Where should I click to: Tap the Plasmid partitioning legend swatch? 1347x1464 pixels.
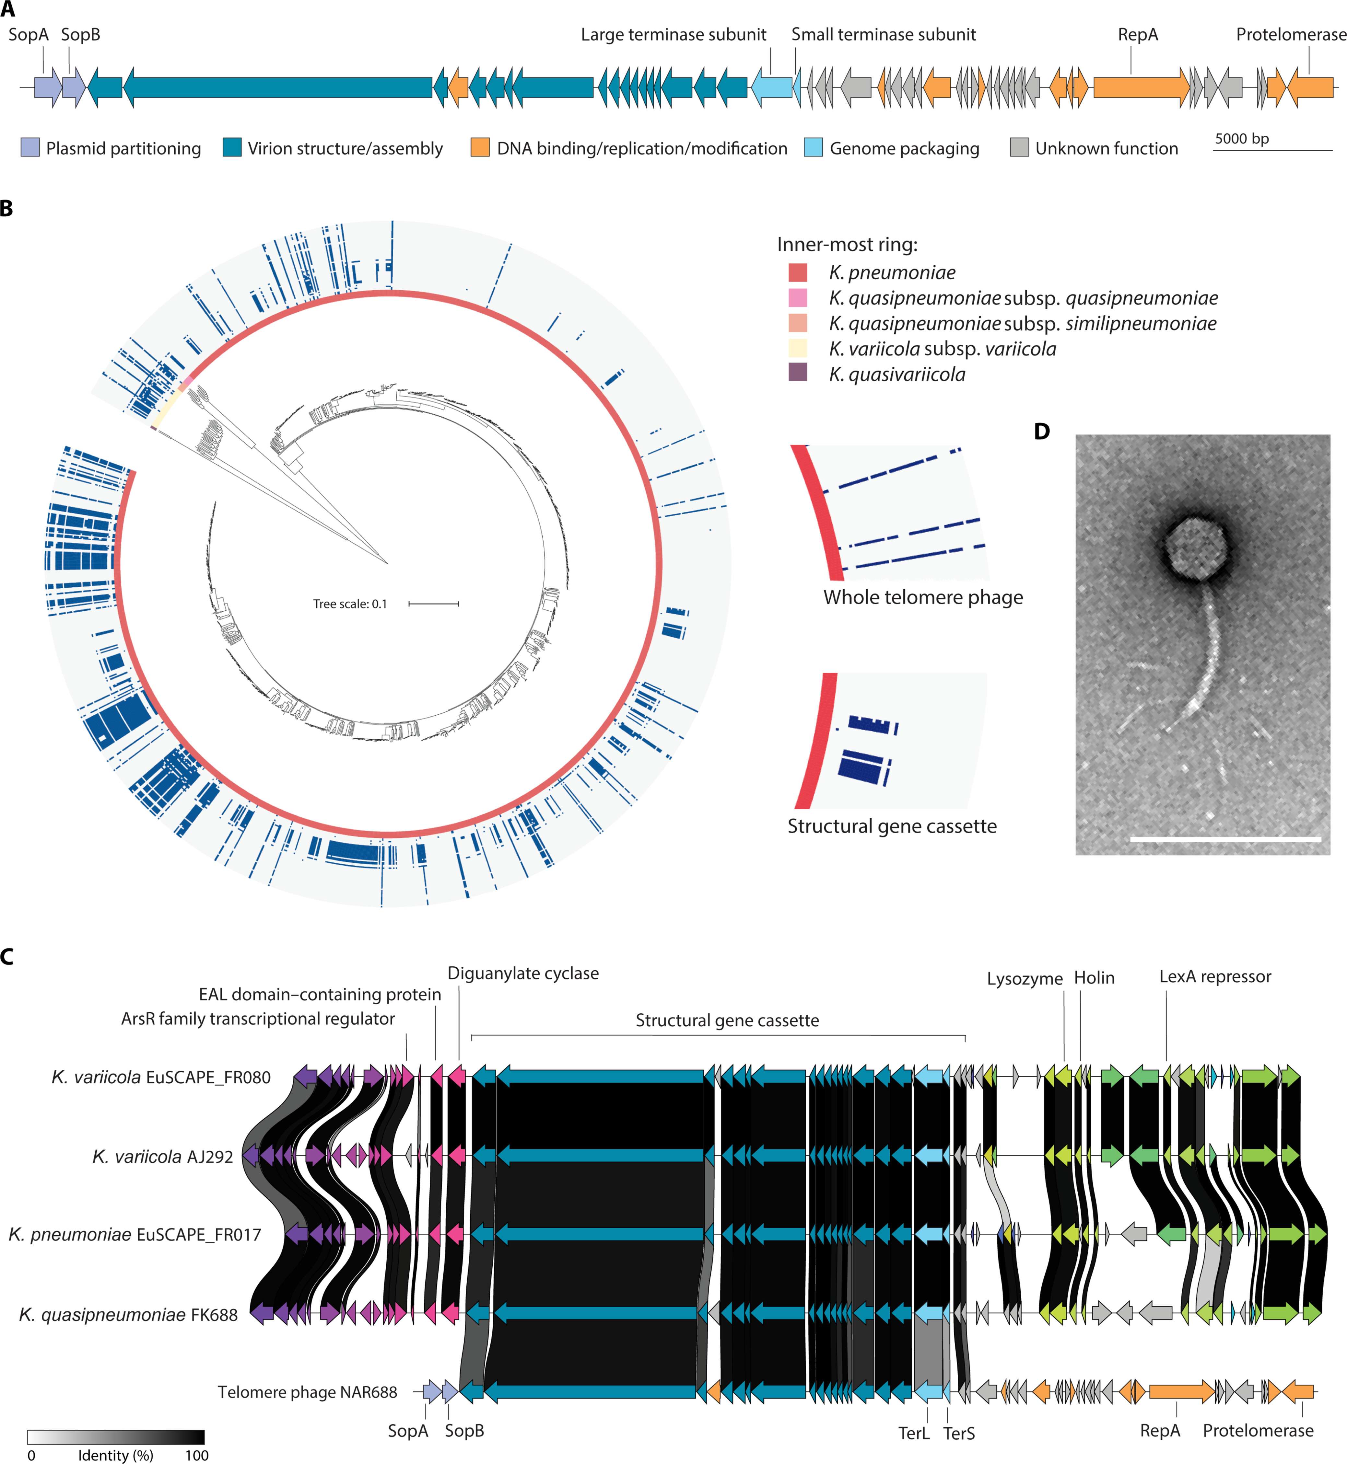coord(30,148)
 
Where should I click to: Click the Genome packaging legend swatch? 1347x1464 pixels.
coord(814,148)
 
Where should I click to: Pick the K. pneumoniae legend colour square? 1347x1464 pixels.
coord(797,272)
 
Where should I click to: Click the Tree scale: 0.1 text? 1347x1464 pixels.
coord(350,604)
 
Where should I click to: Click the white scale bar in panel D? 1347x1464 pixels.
coord(1225,839)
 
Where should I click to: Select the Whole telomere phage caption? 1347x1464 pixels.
coord(923,597)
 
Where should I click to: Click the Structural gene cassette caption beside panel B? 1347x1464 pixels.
coord(891,826)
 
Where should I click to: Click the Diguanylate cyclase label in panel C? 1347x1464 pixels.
coord(522,974)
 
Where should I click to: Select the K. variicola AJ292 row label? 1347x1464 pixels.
coord(163,1157)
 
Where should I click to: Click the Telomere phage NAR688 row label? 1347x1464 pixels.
coord(307,1393)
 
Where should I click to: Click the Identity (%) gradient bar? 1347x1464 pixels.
coord(116,1437)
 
